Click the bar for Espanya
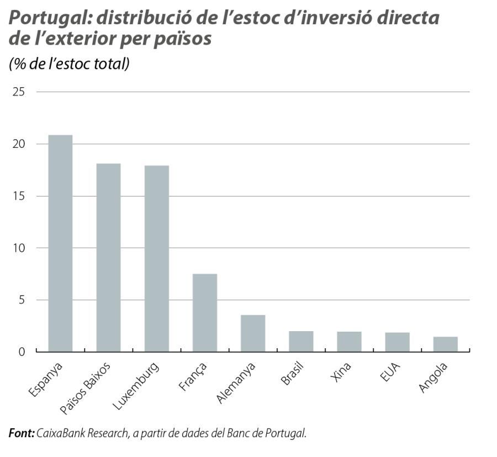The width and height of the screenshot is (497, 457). pyautogui.click(x=60, y=243)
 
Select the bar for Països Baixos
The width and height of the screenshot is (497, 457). pyautogui.click(x=108, y=258)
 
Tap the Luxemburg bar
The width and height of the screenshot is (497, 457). pyautogui.click(x=156, y=258)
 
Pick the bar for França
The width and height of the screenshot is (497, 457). pyautogui.click(x=205, y=312)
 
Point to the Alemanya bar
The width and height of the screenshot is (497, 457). pyautogui.click(x=253, y=333)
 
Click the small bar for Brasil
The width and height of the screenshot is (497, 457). pyautogui.click(x=301, y=341)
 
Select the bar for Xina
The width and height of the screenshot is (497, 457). pyautogui.click(x=349, y=342)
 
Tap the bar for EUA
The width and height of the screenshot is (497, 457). pyautogui.click(x=397, y=342)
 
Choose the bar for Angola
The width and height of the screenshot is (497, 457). pyautogui.click(x=445, y=344)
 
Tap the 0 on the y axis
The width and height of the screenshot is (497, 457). pyautogui.click(x=22, y=352)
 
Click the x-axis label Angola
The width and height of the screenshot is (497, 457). pyautogui.click(x=433, y=378)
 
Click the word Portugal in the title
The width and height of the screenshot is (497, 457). pyautogui.click(x=49, y=18)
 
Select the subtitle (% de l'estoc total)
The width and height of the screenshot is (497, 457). pyautogui.click(x=69, y=64)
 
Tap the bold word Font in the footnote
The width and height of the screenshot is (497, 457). pyautogui.click(x=22, y=433)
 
